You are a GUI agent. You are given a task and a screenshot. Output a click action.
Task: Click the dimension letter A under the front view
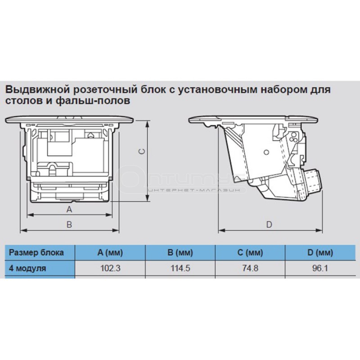pos(69,209)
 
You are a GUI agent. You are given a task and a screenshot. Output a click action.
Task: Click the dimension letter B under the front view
pos(69,224)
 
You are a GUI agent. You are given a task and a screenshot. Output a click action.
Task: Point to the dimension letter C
pos(142,151)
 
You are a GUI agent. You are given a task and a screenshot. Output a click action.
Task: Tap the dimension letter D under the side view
pos(269,224)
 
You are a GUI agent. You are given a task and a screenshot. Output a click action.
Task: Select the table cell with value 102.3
pos(110,268)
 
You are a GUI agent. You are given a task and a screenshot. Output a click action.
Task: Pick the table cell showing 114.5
pos(180,268)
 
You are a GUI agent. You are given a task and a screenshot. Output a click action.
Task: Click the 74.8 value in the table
pos(250,268)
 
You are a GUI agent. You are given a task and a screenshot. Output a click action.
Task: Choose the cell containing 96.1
pos(320,268)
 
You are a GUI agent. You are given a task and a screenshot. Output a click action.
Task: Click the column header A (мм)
pos(110,252)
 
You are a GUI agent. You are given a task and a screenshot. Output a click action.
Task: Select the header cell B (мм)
pos(180,252)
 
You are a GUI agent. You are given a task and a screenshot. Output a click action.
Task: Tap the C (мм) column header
pos(250,252)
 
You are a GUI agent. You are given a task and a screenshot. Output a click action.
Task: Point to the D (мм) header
pos(320,252)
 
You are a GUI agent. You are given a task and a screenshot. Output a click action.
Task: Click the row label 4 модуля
pos(27,268)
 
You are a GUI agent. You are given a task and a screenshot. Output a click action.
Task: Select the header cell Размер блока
pos(36,252)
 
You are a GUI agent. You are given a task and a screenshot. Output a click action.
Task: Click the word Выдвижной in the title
pos(37,90)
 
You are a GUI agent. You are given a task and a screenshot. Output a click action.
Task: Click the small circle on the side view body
pos(266,152)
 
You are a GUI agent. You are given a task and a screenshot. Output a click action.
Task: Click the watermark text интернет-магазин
pos(194,190)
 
